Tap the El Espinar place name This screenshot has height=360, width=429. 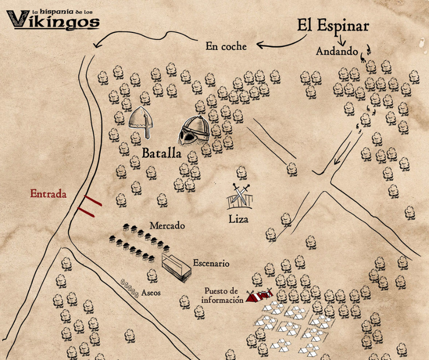333,26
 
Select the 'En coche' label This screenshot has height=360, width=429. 226,46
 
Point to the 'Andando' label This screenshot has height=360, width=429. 337,52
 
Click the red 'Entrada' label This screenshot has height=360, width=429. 48,194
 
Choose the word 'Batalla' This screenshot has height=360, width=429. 162,154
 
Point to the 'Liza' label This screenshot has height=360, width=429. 239,220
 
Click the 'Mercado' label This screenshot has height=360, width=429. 167,226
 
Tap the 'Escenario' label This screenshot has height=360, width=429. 211,264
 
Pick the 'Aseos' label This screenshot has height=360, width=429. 151,292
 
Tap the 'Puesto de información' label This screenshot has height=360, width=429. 221,295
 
